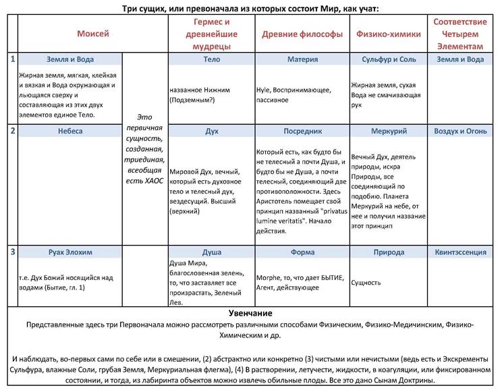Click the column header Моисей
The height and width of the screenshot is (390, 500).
[x=92, y=33]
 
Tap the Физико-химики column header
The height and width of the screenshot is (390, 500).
[x=388, y=33]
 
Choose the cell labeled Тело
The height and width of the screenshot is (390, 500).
[x=211, y=59]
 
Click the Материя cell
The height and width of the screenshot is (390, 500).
[x=302, y=59]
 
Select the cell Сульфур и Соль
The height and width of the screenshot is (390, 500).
[x=388, y=59]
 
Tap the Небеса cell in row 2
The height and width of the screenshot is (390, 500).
[x=70, y=131]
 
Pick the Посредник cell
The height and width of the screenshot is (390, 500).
[x=302, y=131]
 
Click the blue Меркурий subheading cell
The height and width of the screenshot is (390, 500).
[x=388, y=131]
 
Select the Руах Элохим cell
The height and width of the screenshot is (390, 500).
[x=70, y=252]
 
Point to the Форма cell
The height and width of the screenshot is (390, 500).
[x=302, y=252]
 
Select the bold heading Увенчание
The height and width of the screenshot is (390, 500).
[x=250, y=314]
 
